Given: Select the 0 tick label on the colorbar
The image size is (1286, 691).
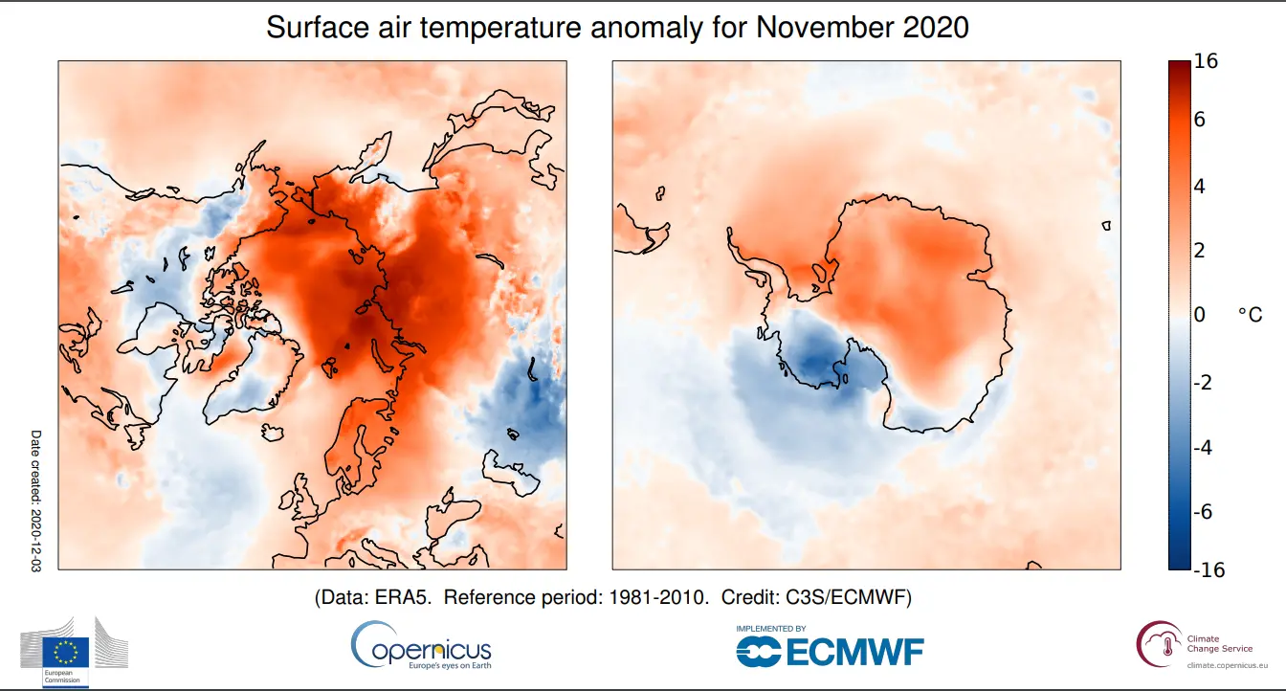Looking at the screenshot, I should coord(1200,315).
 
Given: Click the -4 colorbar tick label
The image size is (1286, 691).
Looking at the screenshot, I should coord(1204,447).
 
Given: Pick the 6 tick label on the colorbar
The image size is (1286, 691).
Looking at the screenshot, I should coord(1200,120).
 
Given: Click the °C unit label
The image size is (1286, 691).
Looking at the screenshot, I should coord(1250,315).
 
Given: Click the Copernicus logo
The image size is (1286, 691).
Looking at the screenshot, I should coord(421,646).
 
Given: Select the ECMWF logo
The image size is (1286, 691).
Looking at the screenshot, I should coord(830,652).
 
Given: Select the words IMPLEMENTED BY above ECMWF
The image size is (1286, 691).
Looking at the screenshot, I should coord(770,629).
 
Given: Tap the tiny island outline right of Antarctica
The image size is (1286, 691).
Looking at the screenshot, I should coord(1106,227).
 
